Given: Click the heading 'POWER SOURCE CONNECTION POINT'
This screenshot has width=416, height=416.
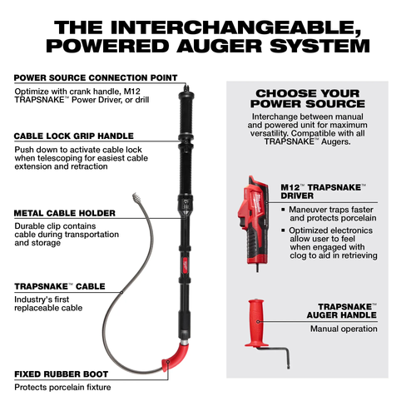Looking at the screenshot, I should pyautogui.click(x=95, y=77).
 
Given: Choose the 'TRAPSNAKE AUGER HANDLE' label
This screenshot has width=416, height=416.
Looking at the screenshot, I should pyautogui.click(x=341, y=310).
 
